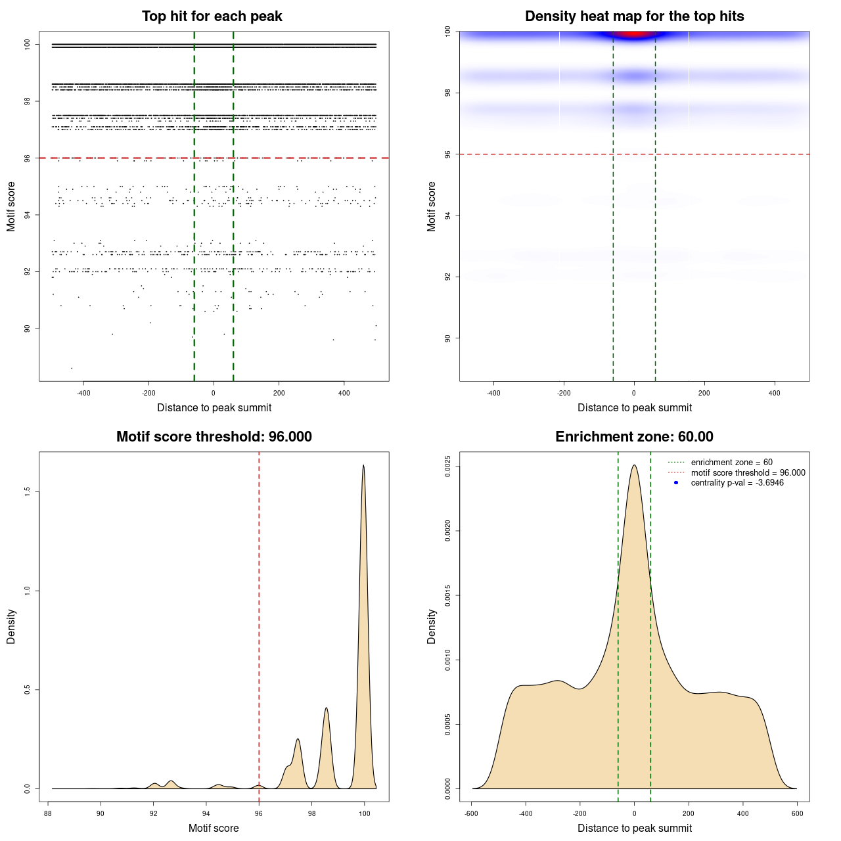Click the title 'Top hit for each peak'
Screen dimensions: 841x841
pyautogui.click(x=212, y=16)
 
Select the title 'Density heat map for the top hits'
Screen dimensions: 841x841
pyautogui.click(x=634, y=16)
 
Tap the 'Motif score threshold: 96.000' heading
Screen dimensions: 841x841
pyautogui.click(x=214, y=437)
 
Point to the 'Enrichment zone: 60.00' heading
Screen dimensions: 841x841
pyautogui.click(x=634, y=437)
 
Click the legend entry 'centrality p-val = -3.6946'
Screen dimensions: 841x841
pyautogui.click(x=737, y=483)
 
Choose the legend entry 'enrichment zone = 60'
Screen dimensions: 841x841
pyautogui.click(x=731, y=463)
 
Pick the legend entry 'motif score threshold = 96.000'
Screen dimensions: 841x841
pyautogui.click(x=748, y=472)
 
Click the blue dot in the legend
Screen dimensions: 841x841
pyautogui.click(x=676, y=483)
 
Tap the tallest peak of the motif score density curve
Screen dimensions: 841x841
pyautogui.click(x=363, y=466)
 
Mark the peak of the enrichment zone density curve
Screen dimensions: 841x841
pyautogui.click(x=634, y=466)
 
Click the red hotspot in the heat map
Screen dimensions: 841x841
pyautogui.click(x=633, y=34)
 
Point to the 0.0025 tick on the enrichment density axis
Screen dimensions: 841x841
pyautogui.click(x=448, y=466)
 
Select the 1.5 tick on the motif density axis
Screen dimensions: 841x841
pyautogui.click(x=28, y=492)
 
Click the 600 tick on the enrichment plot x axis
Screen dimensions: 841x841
pyautogui.click(x=797, y=813)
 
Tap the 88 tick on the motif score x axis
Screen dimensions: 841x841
pyautogui.click(x=48, y=813)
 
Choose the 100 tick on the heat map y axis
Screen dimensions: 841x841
pyautogui.click(x=448, y=31)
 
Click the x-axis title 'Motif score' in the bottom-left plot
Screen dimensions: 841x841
pyautogui.click(x=214, y=828)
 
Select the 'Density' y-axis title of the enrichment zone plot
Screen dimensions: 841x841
pyautogui.click(x=432, y=626)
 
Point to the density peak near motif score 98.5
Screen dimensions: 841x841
pyautogui.click(x=326, y=708)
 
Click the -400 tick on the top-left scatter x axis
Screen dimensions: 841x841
pyautogui.click(x=83, y=393)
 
